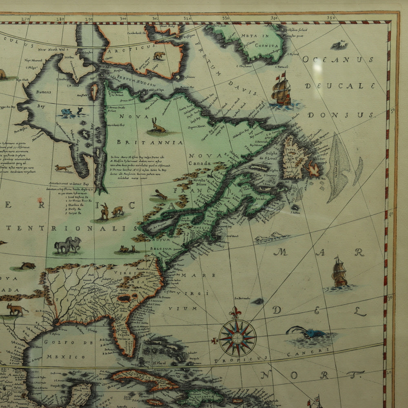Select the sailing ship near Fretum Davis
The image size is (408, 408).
pos(282,90)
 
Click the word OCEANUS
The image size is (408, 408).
pos(338,60)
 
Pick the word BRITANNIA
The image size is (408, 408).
pos(150,142)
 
